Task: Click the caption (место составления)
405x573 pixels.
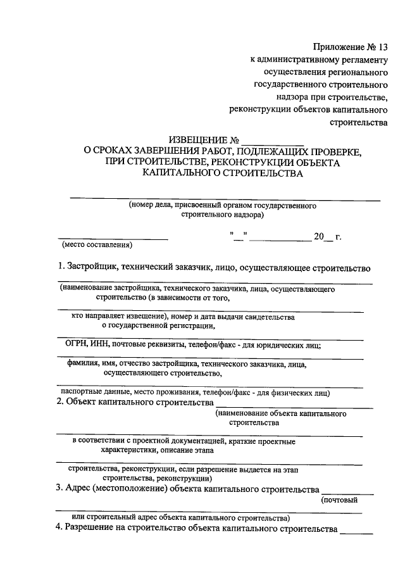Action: [x=96, y=244]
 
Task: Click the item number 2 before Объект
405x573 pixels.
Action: [x=59, y=403]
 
